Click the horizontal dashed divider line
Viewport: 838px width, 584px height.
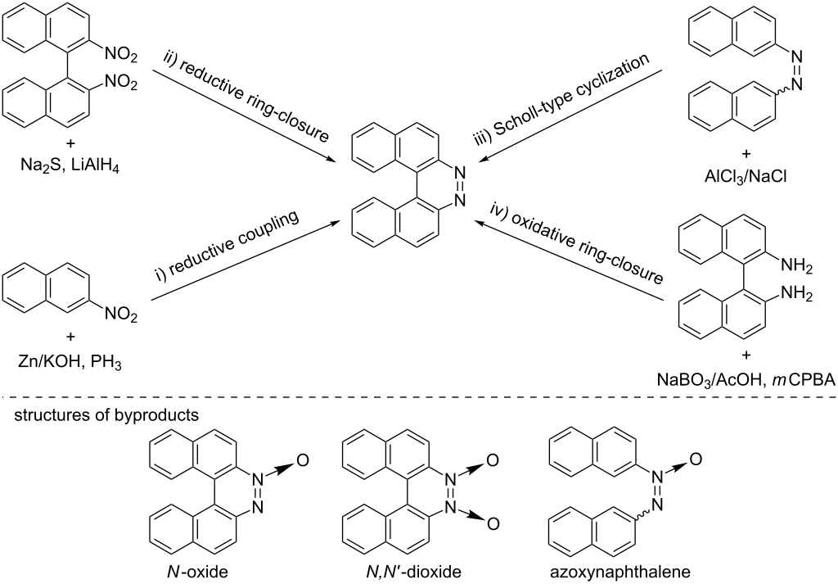pyautogui.click(x=419, y=396)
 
